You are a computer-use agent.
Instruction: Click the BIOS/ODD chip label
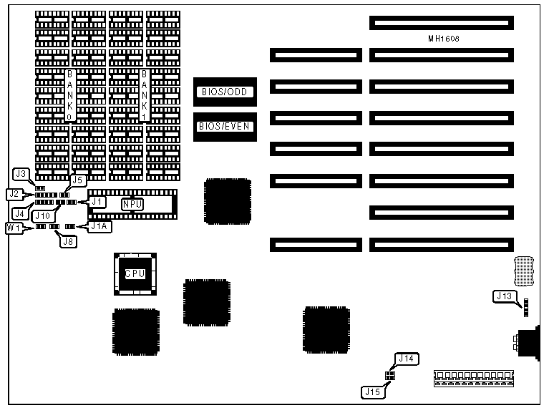pyautogui.click(x=225, y=92)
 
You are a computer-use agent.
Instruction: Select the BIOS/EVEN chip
pyautogui.click(x=225, y=127)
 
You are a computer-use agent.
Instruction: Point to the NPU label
pyautogui.click(x=132, y=204)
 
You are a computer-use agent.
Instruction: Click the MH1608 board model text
pyautogui.click(x=442, y=39)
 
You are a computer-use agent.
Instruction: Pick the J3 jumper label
pyautogui.click(x=21, y=174)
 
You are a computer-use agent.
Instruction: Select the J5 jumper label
pyautogui.click(x=78, y=180)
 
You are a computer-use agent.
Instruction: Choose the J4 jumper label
pyautogui.click(x=20, y=213)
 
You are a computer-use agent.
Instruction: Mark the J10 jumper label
pyautogui.click(x=42, y=215)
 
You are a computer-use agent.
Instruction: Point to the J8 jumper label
pyautogui.click(x=68, y=241)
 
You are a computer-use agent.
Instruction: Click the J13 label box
pyautogui.click(x=504, y=296)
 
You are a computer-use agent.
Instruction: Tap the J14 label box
pyautogui.click(x=407, y=359)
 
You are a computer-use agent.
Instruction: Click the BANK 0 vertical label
pyautogui.click(x=69, y=96)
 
